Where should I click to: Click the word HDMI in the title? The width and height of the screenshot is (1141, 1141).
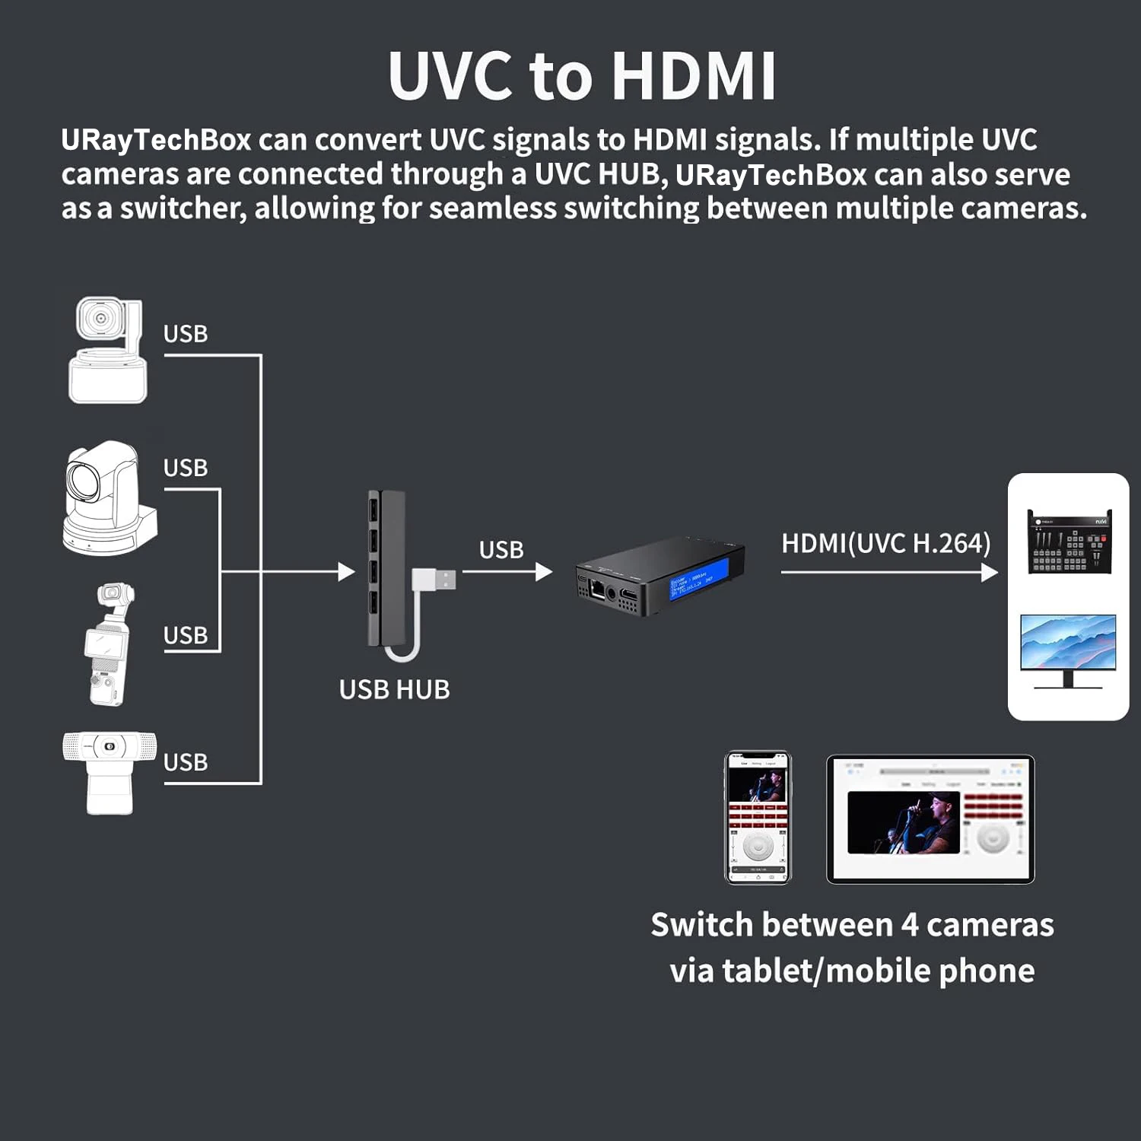pos(694,76)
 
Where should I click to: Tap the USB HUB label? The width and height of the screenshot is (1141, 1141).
pos(394,690)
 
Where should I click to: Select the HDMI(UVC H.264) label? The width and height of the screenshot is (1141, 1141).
pos(886,544)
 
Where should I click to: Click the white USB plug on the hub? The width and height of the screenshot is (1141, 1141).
pos(435,580)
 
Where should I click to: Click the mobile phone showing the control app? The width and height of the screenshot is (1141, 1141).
pos(758,818)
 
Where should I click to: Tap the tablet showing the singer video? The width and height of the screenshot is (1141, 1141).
pos(930,819)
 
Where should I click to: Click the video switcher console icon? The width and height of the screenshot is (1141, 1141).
pos(1069,542)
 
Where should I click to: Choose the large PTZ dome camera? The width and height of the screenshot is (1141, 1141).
pos(106,498)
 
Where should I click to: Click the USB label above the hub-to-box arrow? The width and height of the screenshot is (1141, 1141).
pos(501,550)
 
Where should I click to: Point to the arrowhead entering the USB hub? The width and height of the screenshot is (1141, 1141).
pos(347,571)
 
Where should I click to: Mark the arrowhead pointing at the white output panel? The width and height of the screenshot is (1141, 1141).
pos(990,571)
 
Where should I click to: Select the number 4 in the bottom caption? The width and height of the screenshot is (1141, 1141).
pos(909,926)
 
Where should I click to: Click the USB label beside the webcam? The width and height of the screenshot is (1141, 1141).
pos(186,762)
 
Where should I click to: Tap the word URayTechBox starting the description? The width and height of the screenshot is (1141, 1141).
pos(156,141)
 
